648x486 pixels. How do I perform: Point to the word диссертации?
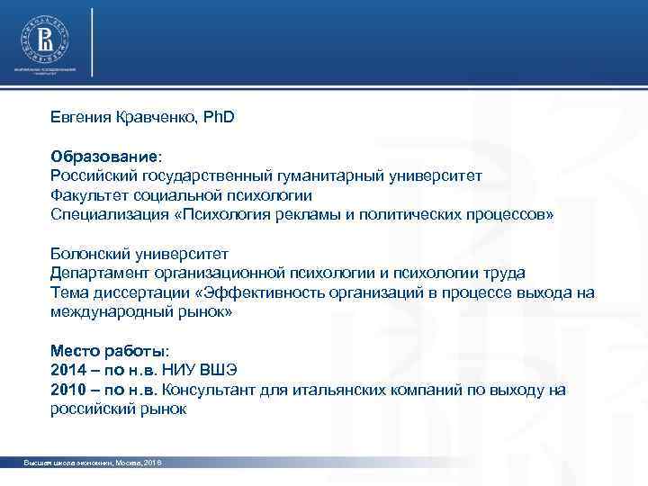139,292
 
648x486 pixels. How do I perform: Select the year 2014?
67,370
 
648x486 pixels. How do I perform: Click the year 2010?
67,390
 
